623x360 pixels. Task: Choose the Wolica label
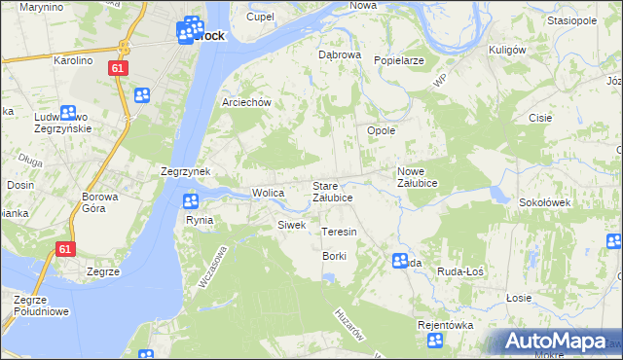[x=268, y=193]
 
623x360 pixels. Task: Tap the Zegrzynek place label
[x=185, y=170]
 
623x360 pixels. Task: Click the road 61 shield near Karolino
[x=117, y=68]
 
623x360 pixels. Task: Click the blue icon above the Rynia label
[x=191, y=201]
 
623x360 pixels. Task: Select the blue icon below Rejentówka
[x=435, y=341]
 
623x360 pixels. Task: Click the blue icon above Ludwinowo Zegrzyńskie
[x=68, y=113]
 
